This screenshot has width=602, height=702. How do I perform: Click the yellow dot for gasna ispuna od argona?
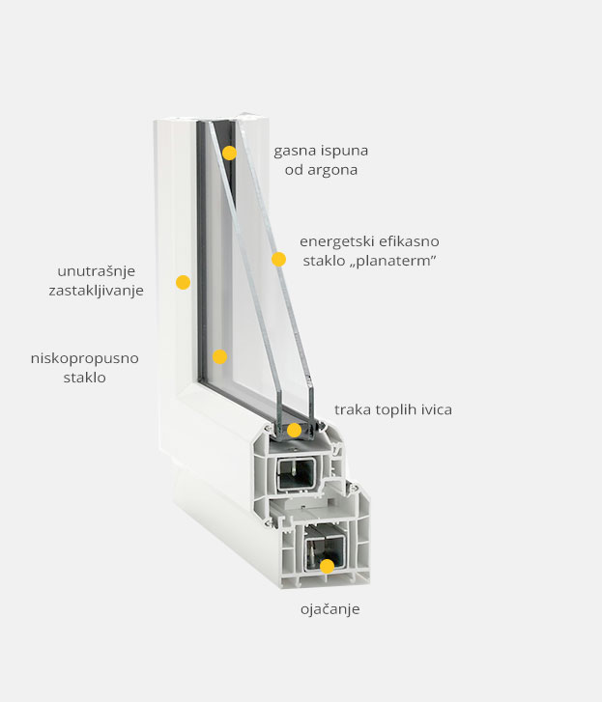click(x=229, y=153)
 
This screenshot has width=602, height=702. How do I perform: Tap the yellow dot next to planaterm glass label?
click(x=278, y=259)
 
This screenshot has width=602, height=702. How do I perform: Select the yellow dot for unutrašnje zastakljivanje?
click(x=183, y=282)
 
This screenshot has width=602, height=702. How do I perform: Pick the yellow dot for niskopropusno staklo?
click(x=219, y=357)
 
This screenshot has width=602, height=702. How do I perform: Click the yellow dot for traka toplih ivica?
click(x=294, y=431)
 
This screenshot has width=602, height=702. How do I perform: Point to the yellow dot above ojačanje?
click(x=328, y=567)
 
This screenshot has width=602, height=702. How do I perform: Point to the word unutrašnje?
click(x=97, y=271)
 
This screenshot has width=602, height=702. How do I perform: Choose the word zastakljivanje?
click(x=97, y=291)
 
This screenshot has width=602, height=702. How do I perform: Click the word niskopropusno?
click(x=85, y=358)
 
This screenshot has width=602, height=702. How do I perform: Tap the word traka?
click(x=352, y=409)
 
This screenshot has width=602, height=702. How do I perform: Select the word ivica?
click(x=436, y=409)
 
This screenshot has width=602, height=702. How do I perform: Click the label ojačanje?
click(x=330, y=609)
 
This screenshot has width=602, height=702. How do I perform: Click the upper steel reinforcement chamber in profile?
click(x=296, y=473)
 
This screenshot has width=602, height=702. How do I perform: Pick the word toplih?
click(x=394, y=410)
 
